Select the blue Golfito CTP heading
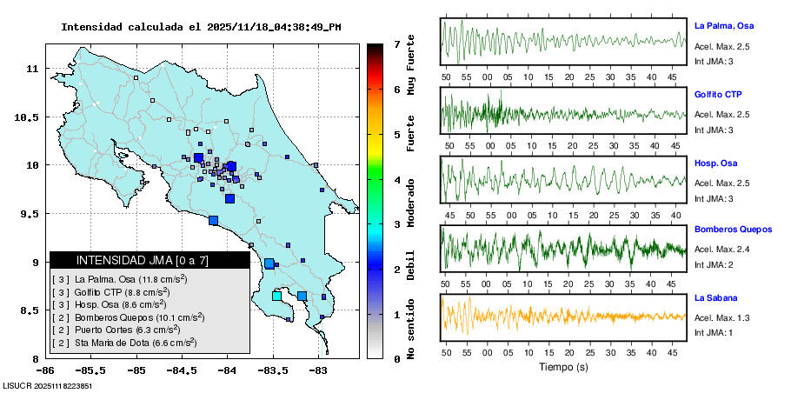click(x=718, y=94)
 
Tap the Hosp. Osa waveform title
click(x=714, y=163)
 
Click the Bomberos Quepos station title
click(x=733, y=230)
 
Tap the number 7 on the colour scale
click(x=395, y=43)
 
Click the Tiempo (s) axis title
click(x=562, y=367)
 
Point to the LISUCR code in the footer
click(x=48, y=385)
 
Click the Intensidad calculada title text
click(x=200, y=27)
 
